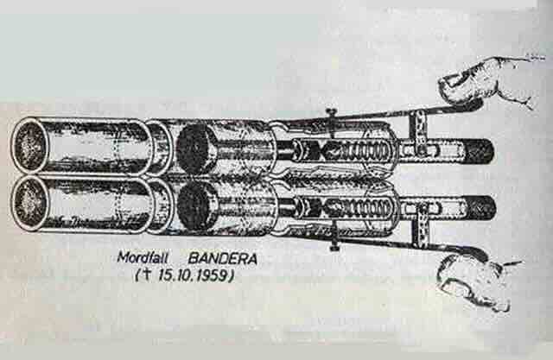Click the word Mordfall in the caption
pos(143,257)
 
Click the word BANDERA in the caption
pos(223,259)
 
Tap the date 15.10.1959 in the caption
pos(193,275)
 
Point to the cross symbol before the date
pos(146,275)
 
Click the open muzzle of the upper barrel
pos(29,145)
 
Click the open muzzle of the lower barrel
pos(29,203)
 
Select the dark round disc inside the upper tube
pos(193,148)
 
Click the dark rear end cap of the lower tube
pos(480,208)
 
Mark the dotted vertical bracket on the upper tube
pos(419,133)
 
